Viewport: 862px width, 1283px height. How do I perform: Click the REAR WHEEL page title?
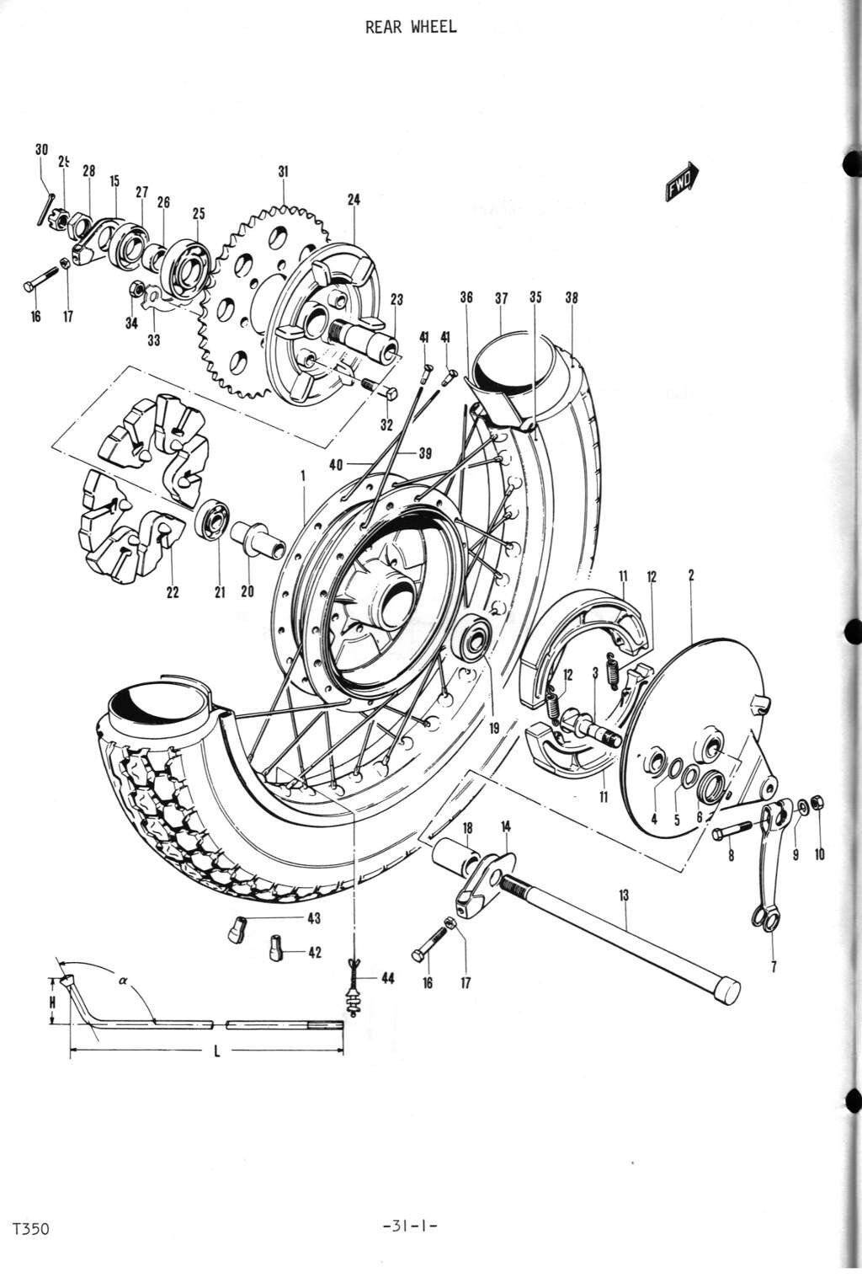tap(411, 27)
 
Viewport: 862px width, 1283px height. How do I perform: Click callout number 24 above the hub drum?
tap(354, 200)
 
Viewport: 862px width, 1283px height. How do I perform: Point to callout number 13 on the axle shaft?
tap(624, 895)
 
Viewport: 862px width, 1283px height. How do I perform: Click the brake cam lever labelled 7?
tap(770, 868)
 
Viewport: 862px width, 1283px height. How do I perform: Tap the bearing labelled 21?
tap(213, 522)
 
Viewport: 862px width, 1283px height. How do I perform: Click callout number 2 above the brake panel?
tap(691, 575)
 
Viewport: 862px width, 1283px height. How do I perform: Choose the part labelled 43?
tap(236, 929)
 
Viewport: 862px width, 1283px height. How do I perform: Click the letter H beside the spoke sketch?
tap(52, 1002)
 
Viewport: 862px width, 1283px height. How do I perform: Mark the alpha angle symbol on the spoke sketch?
tap(123, 980)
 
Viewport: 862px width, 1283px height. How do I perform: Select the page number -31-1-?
tap(411, 1227)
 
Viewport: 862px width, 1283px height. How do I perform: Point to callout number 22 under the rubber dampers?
tap(173, 592)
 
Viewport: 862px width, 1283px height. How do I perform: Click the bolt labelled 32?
tap(380, 388)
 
